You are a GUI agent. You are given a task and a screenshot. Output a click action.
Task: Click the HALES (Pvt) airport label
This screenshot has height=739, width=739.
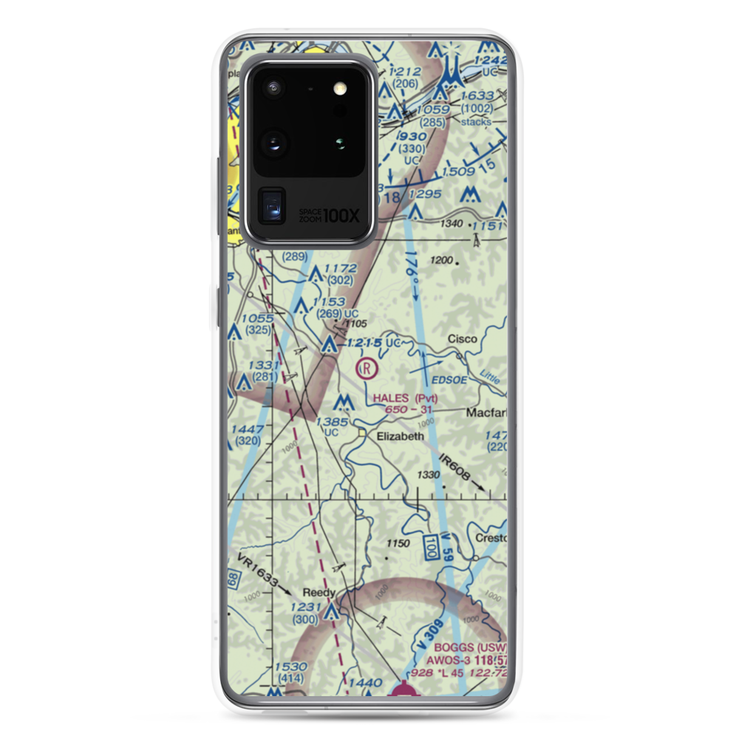(x=405, y=398)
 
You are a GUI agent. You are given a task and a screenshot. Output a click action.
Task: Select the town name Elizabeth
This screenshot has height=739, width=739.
(x=401, y=436)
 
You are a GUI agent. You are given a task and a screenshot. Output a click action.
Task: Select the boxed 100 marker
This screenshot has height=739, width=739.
(x=430, y=548)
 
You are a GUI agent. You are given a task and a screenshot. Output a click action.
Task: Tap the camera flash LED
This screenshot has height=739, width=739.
(x=340, y=89)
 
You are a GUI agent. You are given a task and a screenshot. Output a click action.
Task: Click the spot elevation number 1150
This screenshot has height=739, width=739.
(x=398, y=543)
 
